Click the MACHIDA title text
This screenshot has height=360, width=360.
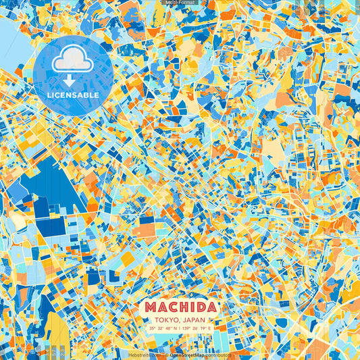point(180,308)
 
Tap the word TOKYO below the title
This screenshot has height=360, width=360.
point(166,319)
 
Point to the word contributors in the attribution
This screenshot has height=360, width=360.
point(220,354)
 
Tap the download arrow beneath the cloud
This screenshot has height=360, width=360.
point(73,80)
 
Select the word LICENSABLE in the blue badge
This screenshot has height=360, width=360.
point(73,95)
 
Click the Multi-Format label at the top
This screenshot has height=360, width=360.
point(180,3)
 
